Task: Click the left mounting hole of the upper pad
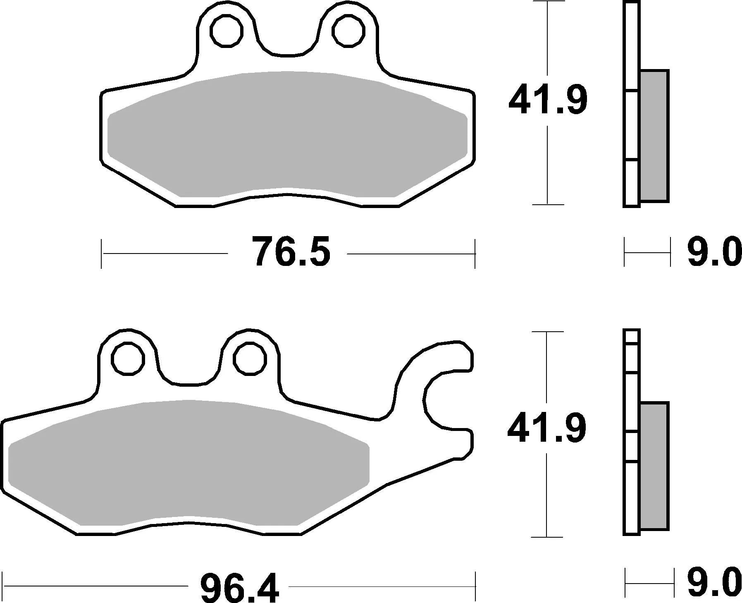point(226,30)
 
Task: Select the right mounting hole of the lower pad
point(249,358)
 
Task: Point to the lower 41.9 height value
point(546,428)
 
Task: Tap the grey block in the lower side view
point(654,466)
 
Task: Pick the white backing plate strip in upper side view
point(631,124)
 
